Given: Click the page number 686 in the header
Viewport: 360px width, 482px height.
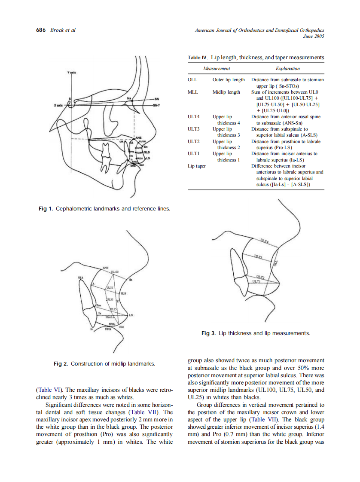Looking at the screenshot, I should click(41, 30).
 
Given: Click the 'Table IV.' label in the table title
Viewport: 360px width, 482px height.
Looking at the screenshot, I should click(198, 58).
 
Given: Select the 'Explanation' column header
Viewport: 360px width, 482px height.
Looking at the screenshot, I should click(287, 68).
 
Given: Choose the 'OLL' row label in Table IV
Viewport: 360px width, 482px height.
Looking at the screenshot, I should click(192, 79).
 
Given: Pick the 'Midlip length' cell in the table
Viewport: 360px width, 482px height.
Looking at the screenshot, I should click(226, 92).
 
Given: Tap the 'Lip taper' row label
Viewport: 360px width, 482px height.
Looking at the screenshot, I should click(197, 166).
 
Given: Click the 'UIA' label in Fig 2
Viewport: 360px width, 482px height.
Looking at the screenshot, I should click(80, 278).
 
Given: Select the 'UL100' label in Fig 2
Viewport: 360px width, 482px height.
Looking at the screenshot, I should click(115, 272).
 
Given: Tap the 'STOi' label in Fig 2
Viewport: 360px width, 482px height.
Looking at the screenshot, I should click(108, 329).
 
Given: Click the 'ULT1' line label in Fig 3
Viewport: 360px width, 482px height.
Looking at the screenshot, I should click(256, 282).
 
